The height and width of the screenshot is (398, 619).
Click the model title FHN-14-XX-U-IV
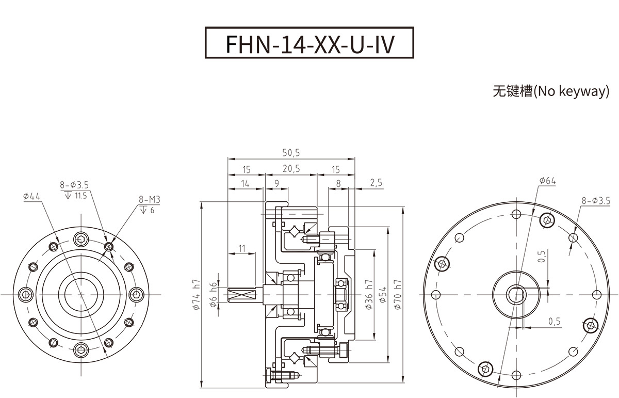(x=309, y=43)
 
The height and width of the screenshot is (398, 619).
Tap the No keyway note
(x=551, y=91)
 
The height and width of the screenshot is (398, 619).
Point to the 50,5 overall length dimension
(x=291, y=153)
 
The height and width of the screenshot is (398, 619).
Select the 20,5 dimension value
(x=291, y=169)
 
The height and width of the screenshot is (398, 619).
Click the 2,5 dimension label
(x=376, y=183)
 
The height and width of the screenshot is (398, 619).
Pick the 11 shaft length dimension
(x=242, y=248)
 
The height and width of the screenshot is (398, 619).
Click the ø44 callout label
(x=32, y=196)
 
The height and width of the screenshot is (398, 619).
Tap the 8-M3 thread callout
(x=149, y=199)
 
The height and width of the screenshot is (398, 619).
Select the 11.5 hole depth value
(x=80, y=196)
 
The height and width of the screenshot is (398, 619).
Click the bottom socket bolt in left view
(x=81, y=349)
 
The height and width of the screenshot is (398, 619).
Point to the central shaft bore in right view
(x=514, y=294)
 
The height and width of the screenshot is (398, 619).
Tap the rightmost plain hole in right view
(x=597, y=294)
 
